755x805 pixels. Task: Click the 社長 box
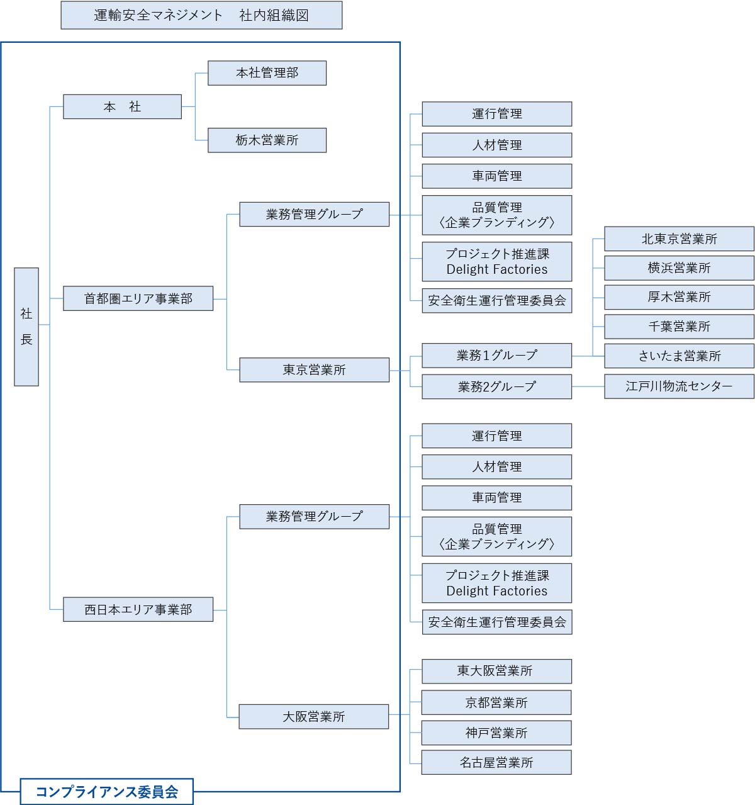[26, 327]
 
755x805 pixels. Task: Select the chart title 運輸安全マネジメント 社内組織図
[201, 15]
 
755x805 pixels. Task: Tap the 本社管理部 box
[267, 73]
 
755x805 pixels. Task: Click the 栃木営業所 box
[267, 140]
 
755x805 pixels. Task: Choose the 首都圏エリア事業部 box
[138, 298]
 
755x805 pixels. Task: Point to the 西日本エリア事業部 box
[138, 609]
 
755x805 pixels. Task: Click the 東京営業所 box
[314, 369]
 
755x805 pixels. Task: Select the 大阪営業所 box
[313, 716]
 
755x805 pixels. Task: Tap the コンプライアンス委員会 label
[106, 792]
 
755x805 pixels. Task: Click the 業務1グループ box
[496, 356]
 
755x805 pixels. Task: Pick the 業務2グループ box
[496, 386]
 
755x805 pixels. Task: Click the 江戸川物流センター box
[679, 386]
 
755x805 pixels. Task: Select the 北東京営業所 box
[679, 239]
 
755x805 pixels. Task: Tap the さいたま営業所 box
[679, 356]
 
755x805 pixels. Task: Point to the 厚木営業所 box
[679, 297]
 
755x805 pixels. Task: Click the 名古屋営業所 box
[496, 762]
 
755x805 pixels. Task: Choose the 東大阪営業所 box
[496, 671]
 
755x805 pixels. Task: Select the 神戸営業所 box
[496, 733]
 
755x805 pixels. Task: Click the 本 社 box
[122, 107]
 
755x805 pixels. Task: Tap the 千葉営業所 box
[679, 327]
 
